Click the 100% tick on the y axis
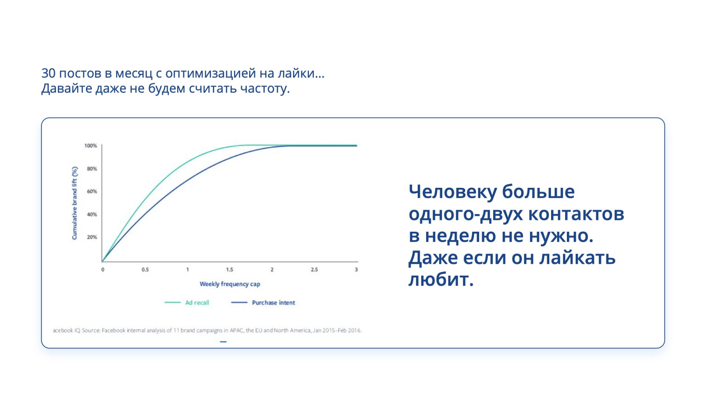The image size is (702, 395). click(90, 146)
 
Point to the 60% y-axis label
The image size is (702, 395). click(92, 191)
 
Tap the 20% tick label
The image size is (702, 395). click(92, 237)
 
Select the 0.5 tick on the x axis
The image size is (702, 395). click(145, 269)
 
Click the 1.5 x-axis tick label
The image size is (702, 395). click(230, 269)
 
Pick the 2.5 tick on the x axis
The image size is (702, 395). click(314, 269)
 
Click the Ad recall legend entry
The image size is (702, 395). click(197, 302)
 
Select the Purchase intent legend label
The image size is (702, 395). click(274, 302)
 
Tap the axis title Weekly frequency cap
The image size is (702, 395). click(230, 284)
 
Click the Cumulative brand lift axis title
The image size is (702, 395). click(75, 203)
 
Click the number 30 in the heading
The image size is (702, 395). click(49, 73)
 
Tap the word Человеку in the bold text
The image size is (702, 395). click(453, 192)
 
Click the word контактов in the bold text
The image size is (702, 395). click(577, 215)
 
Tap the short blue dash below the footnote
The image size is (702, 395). click(223, 342)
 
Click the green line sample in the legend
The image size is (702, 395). click(173, 302)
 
